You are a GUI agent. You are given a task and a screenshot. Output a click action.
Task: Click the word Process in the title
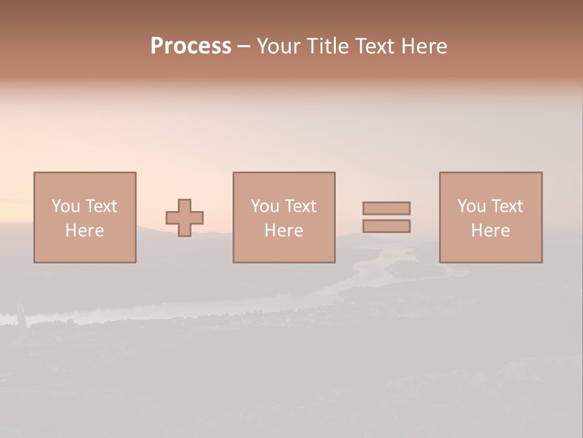point(191,46)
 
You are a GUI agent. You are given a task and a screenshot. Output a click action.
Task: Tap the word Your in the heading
point(279,46)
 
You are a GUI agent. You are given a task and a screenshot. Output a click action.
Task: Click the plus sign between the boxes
point(185,218)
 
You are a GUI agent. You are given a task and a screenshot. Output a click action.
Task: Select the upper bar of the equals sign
point(386,208)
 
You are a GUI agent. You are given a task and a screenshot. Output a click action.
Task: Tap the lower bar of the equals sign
point(386,226)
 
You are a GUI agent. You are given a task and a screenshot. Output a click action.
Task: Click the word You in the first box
point(66,206)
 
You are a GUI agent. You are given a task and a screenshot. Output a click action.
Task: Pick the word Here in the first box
point(84,231)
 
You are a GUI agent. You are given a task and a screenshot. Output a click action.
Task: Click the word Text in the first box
point(101,206)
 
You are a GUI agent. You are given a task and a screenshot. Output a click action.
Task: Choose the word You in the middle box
point(265,206)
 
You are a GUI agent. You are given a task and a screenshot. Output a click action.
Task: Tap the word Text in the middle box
point(300,206)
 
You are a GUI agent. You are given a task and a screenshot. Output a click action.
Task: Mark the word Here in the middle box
point(284,231)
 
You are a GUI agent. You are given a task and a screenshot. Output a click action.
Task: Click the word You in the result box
point(471,206)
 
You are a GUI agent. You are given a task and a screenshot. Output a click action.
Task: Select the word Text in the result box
point(506,206)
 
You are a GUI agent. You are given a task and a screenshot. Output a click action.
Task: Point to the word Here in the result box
point(490,231)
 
